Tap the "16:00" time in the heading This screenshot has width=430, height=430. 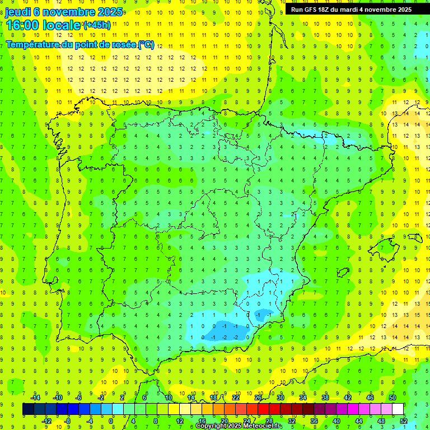point(23,25)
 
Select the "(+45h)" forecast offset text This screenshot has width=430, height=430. point(97,25)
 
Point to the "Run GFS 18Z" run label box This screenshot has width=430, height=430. point(351,10)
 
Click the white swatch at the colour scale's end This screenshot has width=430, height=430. point(398,409)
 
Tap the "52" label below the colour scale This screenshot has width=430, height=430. point(404,421)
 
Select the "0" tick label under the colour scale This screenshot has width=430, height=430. point(111,421)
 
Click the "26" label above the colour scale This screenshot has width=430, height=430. point(258,398)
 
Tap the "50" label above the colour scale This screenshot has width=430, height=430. point(392,398)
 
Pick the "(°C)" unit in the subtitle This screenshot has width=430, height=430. point(147,45)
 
